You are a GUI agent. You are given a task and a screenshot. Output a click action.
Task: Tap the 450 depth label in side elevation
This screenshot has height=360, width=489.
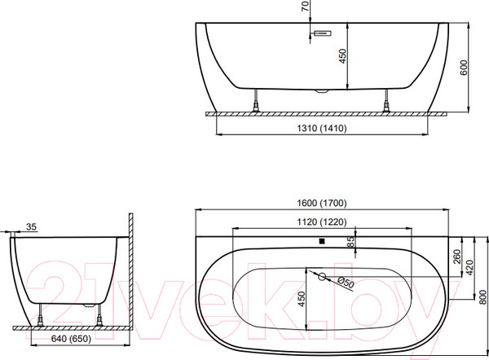coord(343,56)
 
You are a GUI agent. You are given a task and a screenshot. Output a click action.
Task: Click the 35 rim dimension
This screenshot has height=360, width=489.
coord(32,227)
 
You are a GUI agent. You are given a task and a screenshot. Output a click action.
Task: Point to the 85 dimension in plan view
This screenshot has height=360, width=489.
coord(351,241)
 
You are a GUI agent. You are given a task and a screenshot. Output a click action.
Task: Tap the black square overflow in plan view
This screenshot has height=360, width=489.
coord(322,241)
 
